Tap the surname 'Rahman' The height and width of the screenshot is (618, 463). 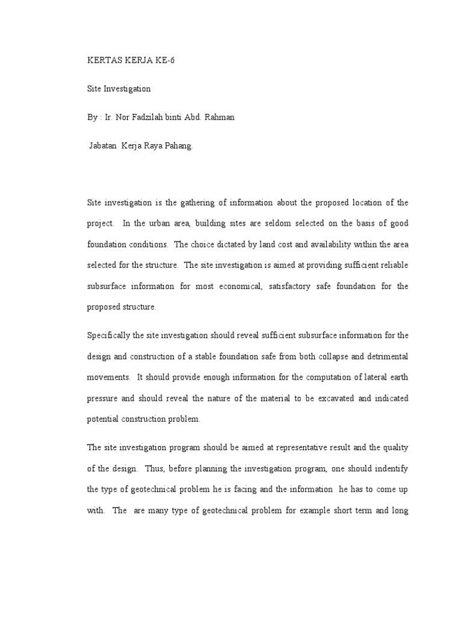pyautogui.click(x=218, y=117)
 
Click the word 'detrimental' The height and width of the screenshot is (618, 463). pyautogui.click(x=385, y=356)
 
